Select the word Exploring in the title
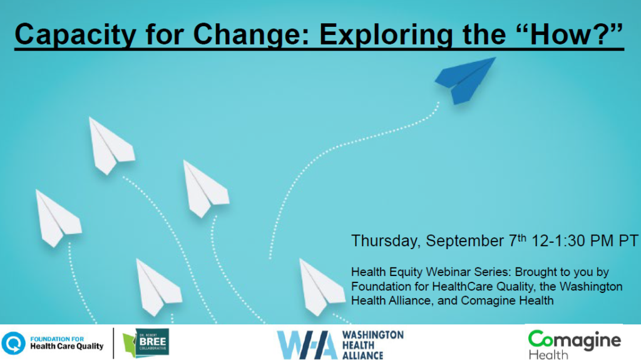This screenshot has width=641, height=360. (386, 35)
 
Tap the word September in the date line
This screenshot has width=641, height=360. (465, 241)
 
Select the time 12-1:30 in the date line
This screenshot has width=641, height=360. (558, 240)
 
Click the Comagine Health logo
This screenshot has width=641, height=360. (575, 344)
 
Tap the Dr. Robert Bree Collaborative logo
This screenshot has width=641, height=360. (146, 343)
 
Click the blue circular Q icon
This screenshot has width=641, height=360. (13, 343)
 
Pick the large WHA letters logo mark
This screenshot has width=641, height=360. (307, 345)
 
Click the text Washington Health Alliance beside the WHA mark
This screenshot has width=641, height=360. (372, 345)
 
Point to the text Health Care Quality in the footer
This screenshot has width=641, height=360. (67, 346)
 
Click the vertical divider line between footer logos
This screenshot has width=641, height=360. (114, 343)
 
